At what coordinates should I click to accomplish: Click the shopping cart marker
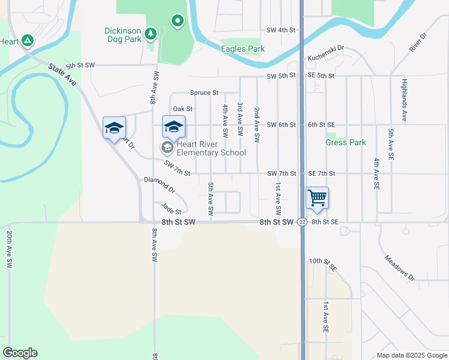[x=317, y=197]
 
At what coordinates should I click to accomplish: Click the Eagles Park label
[x=243, y=49]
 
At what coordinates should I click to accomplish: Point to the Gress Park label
[x=346, y=143]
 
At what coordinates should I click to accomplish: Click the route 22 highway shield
[x=302, y=222]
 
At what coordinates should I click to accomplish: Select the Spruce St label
[x=204, y=93]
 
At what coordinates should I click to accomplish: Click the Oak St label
[x=182, y=109]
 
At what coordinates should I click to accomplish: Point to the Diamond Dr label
[x=159, y=184]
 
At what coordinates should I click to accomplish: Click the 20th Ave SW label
[x=10, y=252]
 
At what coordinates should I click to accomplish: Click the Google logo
[x=20, y=353]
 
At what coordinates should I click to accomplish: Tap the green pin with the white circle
[x=177, y=22]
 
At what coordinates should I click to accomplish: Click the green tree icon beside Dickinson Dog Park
[x=151, y=33]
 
